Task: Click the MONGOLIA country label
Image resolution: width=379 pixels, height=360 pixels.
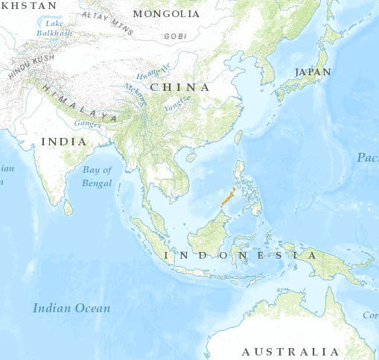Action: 165,14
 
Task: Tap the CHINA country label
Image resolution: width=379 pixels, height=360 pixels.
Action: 179,87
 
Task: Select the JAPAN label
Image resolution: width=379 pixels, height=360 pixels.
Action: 313,72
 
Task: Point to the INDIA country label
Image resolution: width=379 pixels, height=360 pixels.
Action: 63,141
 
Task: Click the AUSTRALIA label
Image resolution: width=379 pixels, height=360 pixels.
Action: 290,351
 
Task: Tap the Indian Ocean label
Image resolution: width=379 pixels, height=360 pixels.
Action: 71,308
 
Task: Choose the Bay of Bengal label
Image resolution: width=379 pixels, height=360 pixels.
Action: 97,176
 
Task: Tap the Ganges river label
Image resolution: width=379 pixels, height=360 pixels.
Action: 87,123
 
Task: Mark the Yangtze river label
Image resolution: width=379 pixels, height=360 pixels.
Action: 178,103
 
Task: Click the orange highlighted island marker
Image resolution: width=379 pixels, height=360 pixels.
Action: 229,198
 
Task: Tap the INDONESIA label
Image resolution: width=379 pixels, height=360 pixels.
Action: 234,256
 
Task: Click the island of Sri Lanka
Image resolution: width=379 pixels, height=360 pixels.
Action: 69,208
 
